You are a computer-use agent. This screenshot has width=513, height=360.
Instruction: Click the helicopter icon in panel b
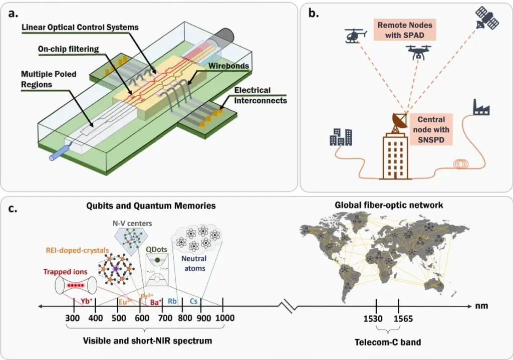355,36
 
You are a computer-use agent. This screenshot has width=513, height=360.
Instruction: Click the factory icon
481,107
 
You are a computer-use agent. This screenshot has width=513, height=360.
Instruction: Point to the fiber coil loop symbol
464,164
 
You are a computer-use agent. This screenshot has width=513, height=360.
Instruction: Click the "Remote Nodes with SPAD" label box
405,30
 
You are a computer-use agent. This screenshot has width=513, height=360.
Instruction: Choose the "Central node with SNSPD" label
431,129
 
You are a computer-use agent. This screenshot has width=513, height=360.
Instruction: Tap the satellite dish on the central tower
399,122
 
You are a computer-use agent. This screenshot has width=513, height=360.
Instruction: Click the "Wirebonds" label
228,66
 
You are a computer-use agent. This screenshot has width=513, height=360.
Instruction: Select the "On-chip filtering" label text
68,49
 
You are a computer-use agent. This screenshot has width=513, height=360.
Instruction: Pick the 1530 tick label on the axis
373,319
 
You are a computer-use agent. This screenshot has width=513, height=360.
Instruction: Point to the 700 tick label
165,318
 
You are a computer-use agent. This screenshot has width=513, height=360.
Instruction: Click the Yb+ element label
87,301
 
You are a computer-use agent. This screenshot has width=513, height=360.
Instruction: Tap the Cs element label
194,301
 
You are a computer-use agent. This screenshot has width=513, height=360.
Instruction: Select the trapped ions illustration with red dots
76,285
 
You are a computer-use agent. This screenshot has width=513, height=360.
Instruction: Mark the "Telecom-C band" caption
388,342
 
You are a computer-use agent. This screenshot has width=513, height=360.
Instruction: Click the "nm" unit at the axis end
481,306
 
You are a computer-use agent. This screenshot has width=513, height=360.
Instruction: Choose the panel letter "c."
13,209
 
